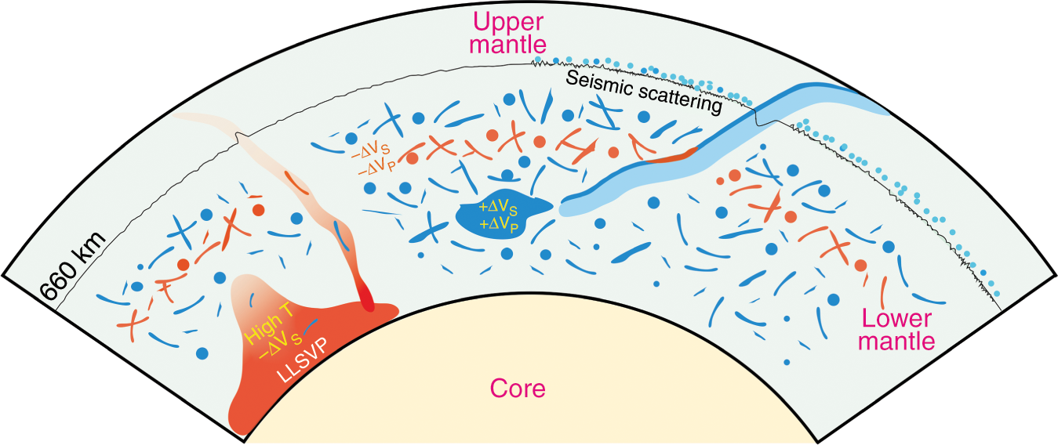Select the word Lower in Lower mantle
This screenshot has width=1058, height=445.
(x=896, y=319)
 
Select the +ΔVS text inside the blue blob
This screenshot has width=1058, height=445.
(x=498, y=208)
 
